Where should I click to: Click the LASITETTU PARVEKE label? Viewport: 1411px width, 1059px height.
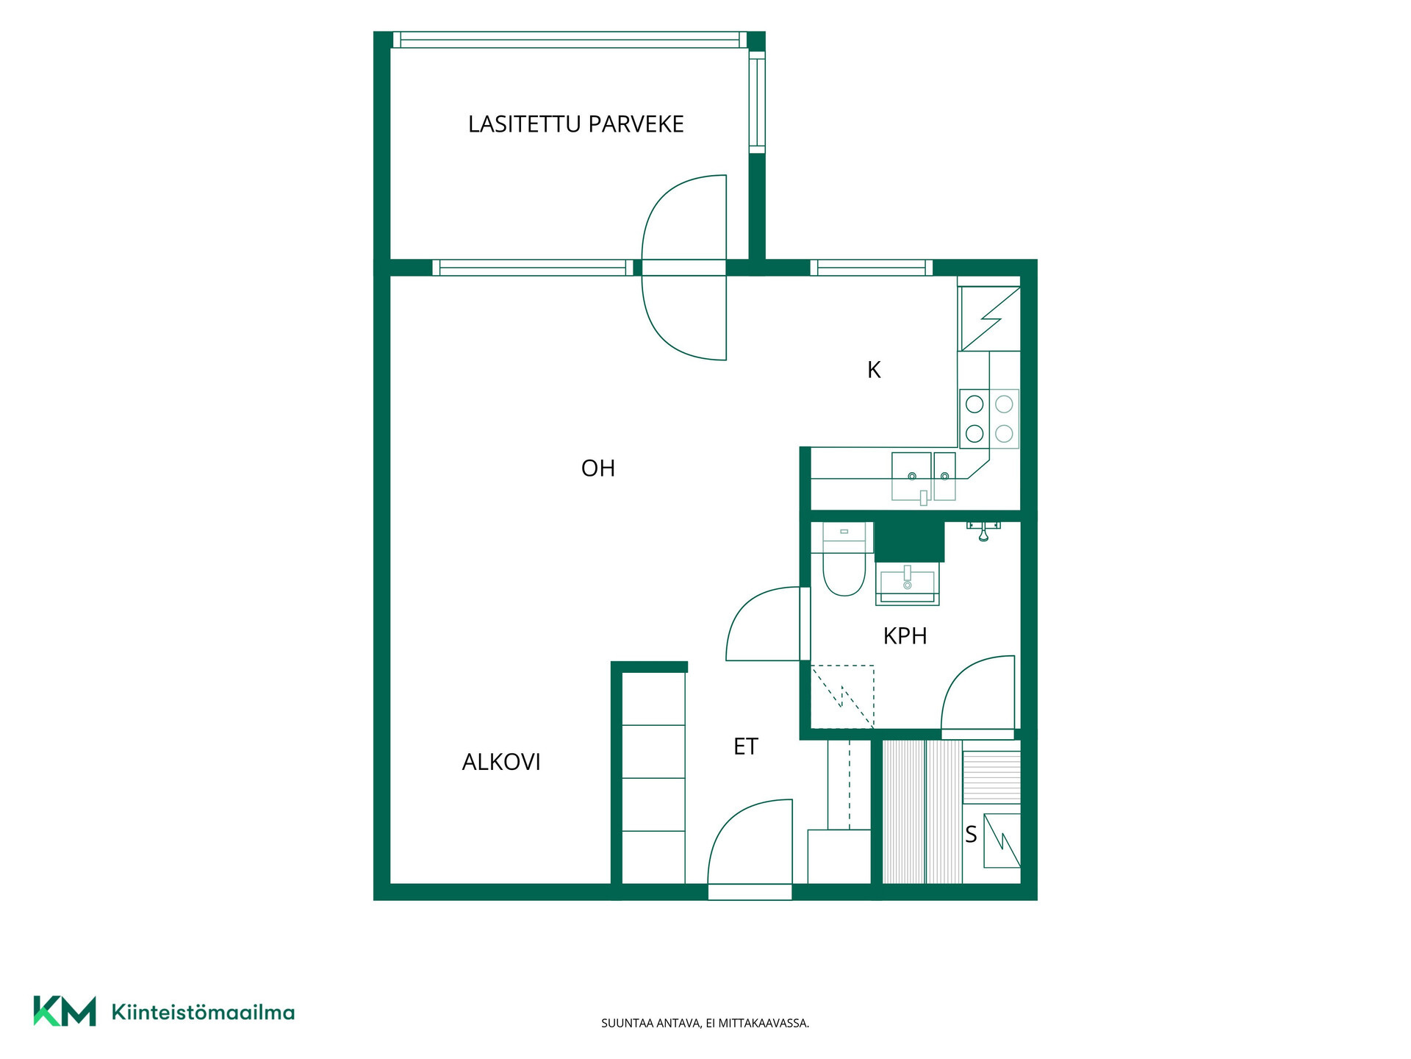575,124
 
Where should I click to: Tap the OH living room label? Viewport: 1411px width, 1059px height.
597,468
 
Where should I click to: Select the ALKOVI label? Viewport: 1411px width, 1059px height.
501,762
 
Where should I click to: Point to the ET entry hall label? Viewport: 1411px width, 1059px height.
745,746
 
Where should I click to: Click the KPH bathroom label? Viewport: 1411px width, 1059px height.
905,635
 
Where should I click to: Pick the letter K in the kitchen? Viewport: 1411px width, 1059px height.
874,369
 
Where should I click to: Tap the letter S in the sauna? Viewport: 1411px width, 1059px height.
971,835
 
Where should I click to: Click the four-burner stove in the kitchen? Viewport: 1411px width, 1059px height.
989,418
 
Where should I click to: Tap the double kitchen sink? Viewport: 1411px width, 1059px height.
924,477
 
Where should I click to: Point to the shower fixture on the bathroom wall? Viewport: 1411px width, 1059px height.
983,530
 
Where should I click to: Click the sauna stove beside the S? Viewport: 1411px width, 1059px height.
1002,841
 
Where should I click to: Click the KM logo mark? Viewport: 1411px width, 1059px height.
65,1011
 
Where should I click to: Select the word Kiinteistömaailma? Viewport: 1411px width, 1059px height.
203,1012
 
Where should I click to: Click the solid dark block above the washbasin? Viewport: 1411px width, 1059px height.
909,541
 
